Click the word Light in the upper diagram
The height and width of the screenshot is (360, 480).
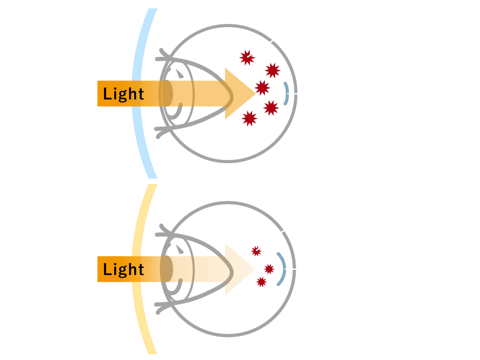click(x=124, y=94)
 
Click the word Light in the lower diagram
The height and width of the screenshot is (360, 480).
click(x=124, y=269)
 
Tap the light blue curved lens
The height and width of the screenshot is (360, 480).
click(x=136, y=94)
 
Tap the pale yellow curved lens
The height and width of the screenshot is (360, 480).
click(x=136, y=269)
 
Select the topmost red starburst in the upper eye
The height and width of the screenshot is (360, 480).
click(x=247, y=57)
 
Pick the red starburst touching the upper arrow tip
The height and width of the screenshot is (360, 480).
click(x=262, y=88)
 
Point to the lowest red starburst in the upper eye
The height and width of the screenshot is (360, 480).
click(x=249, y=119)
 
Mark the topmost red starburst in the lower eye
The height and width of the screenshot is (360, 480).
click(x=256, y=251)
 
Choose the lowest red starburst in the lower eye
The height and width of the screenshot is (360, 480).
click(x=261, y=282)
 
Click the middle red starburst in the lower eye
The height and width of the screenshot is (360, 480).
click(x=269, y=269)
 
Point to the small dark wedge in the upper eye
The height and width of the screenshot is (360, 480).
click(x=180, y=74)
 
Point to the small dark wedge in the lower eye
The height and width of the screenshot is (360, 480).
click(x=180, y=249)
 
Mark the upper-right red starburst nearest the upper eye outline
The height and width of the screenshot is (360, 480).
click(x=272, y=71)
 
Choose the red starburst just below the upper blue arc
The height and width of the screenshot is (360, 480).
click(x=271, y=108)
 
